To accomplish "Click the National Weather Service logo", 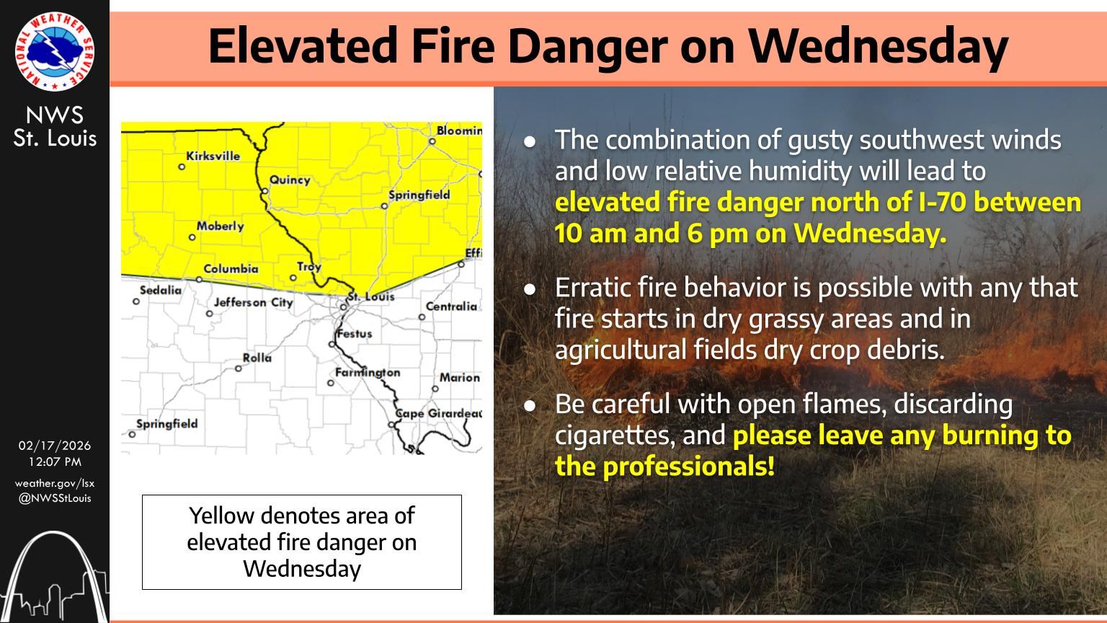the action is click(x=54, y=51).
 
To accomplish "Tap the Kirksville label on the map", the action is click(x=213, y=156).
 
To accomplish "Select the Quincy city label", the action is click(x=290, y=180).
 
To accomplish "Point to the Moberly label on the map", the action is click(x=221, y=226).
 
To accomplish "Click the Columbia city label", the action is click(x=231, y=268).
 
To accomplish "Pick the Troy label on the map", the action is click(x=309, y=267).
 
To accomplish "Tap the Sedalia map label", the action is click(x=161, y=290).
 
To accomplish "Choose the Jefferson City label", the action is click(x=254, y=302).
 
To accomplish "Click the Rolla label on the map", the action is click(x=257, y=358).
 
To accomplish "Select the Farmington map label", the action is click(x=368, y=372).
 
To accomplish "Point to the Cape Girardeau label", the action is click(x=439, y=413).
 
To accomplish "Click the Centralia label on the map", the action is click(x=451, y=306).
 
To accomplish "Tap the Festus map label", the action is click(x=355, y=334).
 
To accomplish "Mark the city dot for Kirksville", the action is click(x=182, y=167).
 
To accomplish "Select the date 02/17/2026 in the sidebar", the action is click(x=54, y=446).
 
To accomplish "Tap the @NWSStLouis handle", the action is click(x=54, y=498).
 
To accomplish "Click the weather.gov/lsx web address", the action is click(x=54, y=483).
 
